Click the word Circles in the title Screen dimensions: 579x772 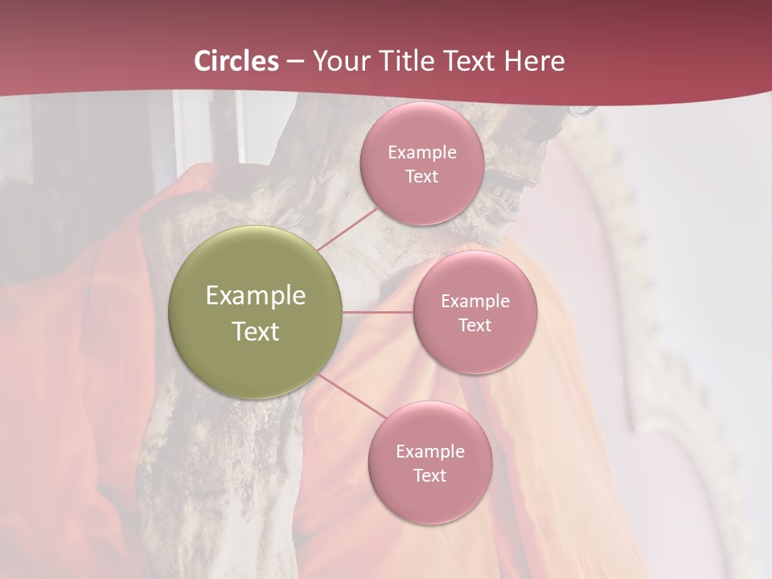coord(236,61)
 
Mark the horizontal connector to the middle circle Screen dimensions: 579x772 coord(378,312)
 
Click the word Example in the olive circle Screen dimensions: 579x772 coord(256,296)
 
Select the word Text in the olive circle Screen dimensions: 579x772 coord(256,331)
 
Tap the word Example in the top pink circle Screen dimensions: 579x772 coord(422,153)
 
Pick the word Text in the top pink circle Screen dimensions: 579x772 coord(422,177)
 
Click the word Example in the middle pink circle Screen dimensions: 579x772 coord(474,302)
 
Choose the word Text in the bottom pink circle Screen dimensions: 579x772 coord(429,476)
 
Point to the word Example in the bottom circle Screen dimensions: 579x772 coord(429,452)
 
